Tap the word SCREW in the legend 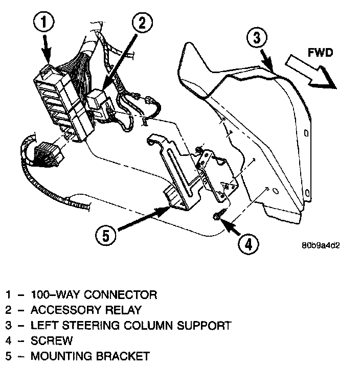[x=52, y=340]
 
